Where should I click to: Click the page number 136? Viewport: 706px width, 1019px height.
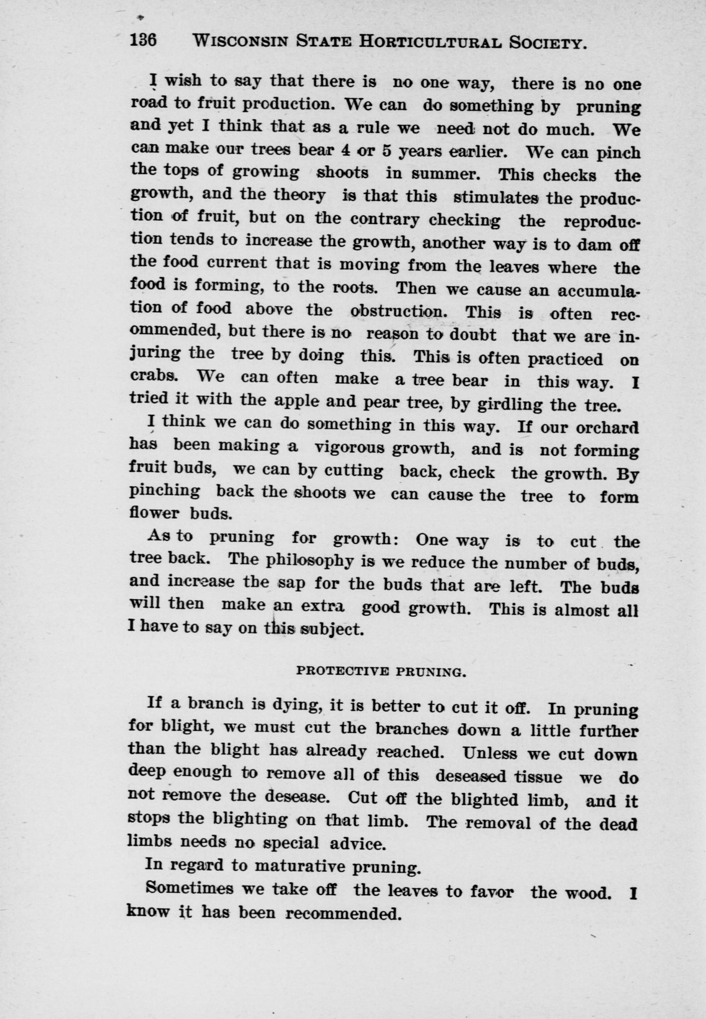click(x=143, y=41)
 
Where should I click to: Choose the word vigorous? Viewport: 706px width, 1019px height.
click(x=350, y=449)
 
